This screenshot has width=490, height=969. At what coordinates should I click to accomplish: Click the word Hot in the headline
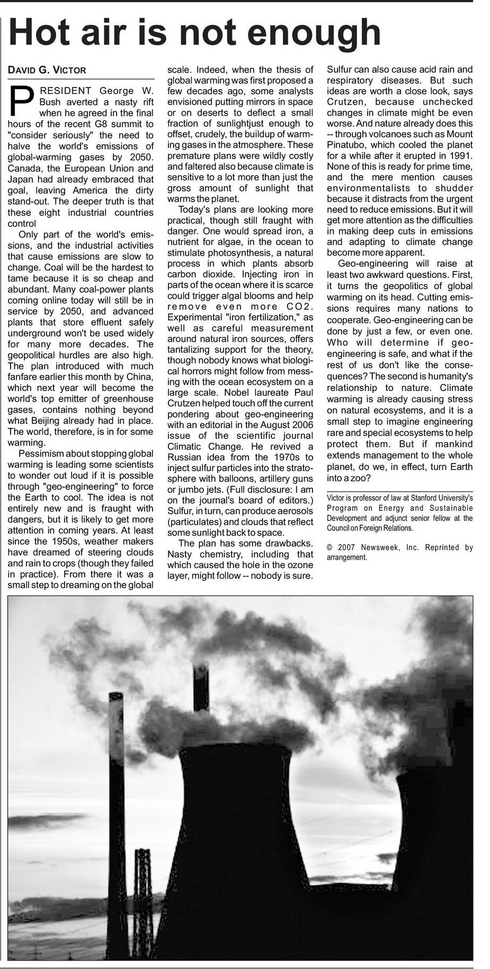41,33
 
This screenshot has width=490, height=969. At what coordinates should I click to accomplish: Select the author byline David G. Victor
47,70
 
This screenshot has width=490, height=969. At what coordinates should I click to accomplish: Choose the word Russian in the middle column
184,457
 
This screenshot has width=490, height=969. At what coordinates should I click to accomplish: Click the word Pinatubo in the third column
348,145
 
